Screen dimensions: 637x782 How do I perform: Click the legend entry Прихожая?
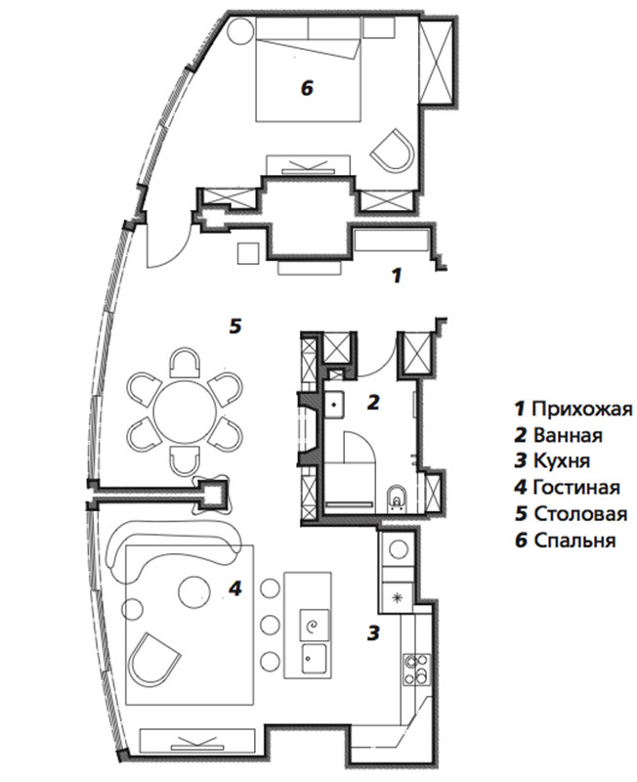[x=573, y=409]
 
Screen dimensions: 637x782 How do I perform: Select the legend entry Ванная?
[x=559, y=435]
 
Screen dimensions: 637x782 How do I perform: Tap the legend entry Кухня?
[x=553, y=460]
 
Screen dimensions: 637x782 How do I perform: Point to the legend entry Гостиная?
[x=568, y=487]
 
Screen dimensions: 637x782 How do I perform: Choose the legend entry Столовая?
[x=572, y=514]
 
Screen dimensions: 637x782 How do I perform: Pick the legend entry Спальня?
[x=566, y=541]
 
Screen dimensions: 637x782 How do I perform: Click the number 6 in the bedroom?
[x=307, y=89]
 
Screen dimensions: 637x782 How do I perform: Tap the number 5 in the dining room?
[x=235, y=326]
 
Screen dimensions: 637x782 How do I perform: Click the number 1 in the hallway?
[x=397, y=276]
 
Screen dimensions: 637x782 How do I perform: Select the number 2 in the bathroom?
[x=373, y=402]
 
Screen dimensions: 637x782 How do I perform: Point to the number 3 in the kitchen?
[x=373, y=632]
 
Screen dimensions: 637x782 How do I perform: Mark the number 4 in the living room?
[x=235, y=589]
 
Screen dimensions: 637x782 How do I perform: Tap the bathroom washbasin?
[x=334, y=404]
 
